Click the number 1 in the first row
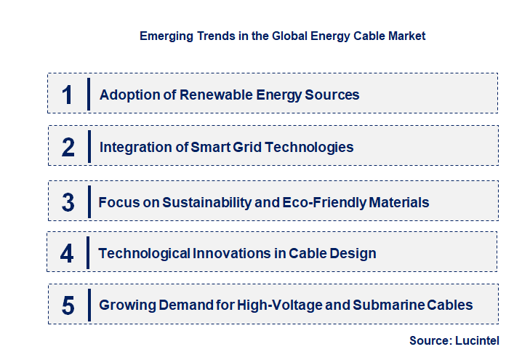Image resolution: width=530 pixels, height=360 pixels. [x=68, y=95]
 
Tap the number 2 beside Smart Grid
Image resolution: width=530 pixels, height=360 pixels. [x=68, y=147]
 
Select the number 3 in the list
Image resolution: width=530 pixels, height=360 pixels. [x=68, y=202]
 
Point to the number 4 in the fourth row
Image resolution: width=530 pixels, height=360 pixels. [x=68, y=253]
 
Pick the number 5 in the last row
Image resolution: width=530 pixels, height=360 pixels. [x=68, y=305]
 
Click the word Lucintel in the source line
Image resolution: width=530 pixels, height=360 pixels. [x=477, y=340]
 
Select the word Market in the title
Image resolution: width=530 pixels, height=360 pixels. [x=406, y=35]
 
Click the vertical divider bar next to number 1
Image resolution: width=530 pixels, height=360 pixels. [x=88, y=94]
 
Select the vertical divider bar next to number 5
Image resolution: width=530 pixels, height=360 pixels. [x=88, y=305]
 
